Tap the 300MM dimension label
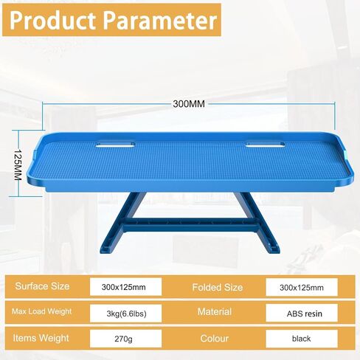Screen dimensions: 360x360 pos(189,104)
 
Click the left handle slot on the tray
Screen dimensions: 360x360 pos(115,145)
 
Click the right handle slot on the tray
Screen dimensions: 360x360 pos(266,145)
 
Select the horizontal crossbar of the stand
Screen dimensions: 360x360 pos(190,225)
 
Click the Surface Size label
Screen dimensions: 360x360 pos(42,286)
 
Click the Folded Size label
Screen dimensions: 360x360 pos(218,287)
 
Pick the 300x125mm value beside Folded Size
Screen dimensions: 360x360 pos(302,288)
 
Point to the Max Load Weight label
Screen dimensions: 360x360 pos(41,311)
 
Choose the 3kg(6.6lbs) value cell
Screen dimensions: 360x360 pos(125,314)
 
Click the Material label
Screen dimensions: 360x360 pos(215,312)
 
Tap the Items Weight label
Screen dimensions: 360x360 pos(41,338)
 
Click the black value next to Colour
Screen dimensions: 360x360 pos(301,339)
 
